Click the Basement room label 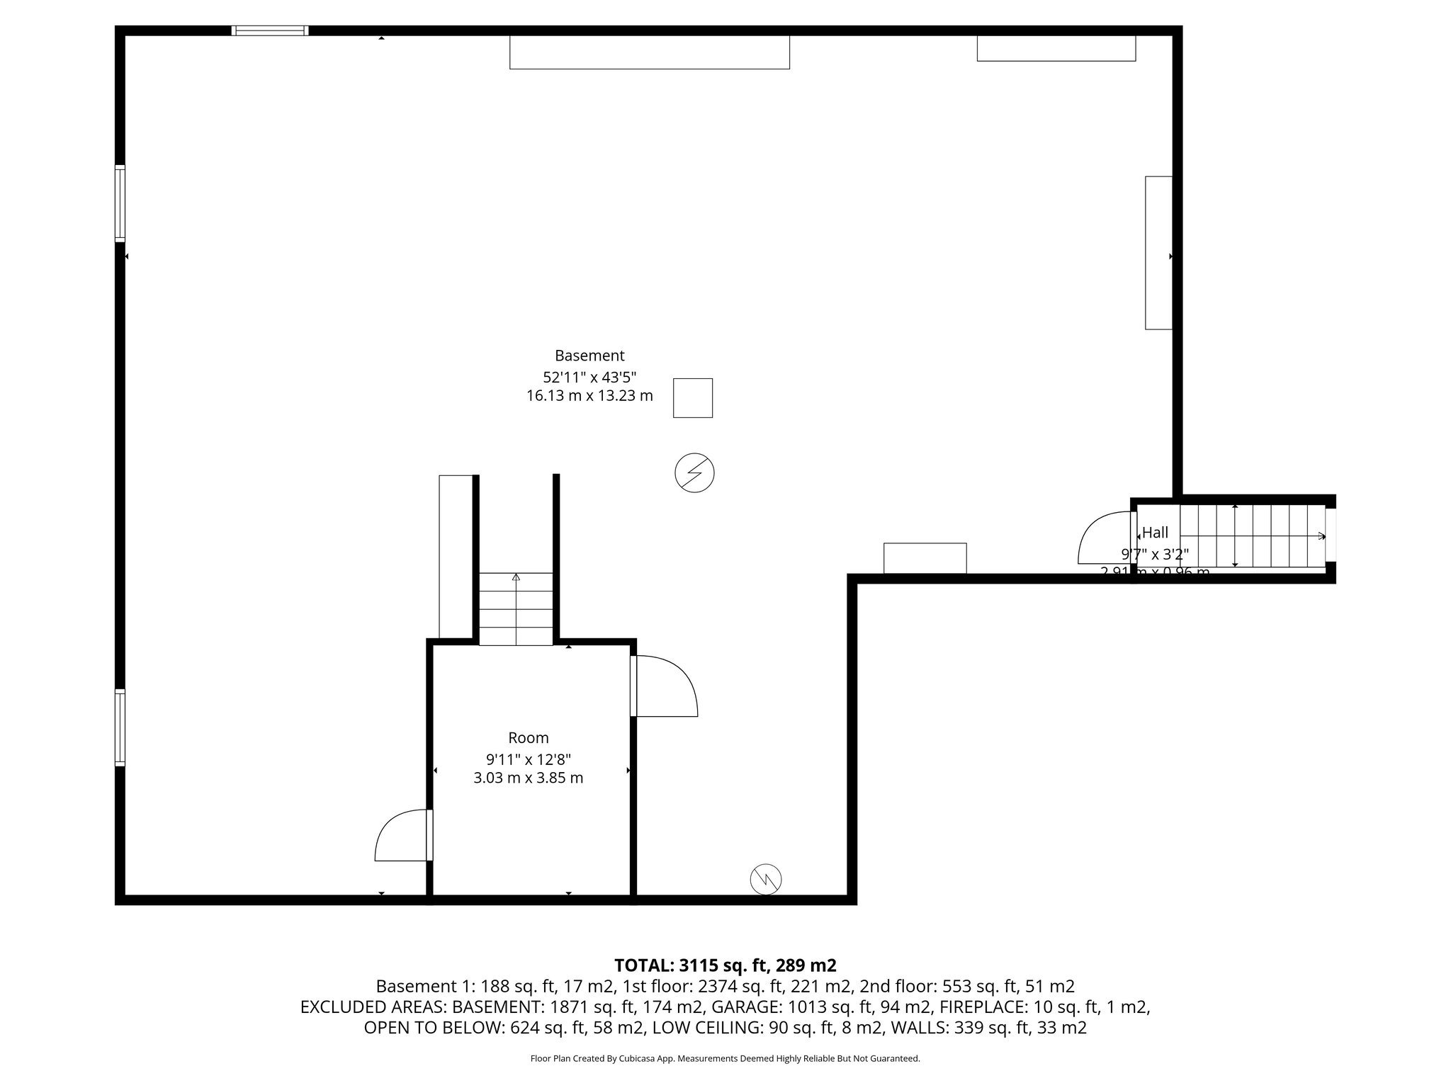(x=589, y=356)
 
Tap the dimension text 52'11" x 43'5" (x=589, y=377)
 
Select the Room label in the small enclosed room (x=529, y=738)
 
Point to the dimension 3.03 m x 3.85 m (x=529, y=778)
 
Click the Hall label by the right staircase (x=1156, y=533)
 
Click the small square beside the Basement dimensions (x=692, y=398)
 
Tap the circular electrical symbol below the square (x=694, y=472)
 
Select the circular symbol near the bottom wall (x=766, y=879)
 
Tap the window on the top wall (x=270, y=30)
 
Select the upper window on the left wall (x=120, y=204)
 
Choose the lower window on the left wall (x=120, y=727)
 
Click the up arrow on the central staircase (x=516, y=577)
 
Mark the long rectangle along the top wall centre (x=650, y=52)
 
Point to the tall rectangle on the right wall (x=1158, y=253)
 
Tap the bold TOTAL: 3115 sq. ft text (x=725, y=965)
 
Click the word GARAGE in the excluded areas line (x=740, y=1007)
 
